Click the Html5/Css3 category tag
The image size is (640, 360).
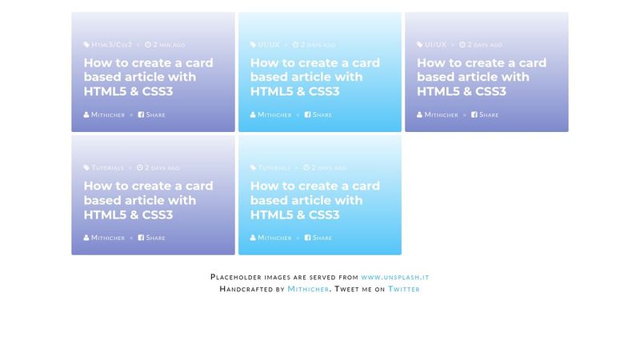[111, 45]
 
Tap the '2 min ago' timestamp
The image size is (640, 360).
[168, 45]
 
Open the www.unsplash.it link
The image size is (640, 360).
[395, 277]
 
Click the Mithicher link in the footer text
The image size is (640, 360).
[308, 289]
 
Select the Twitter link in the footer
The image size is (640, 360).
[403, 289]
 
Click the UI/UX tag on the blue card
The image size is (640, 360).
[269, 45]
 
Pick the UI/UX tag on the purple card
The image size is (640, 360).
[435, 45]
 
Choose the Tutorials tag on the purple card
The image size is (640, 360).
[107, 168]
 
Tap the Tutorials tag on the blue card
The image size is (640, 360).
[274, 168]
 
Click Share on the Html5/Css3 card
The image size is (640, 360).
[155, 114]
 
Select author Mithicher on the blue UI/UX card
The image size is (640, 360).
[274, 114]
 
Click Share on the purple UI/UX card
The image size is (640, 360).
[488, 114]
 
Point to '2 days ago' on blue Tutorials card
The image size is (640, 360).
[329, 168]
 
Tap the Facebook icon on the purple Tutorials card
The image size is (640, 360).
[142, 238]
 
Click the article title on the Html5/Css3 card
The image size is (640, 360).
[148, 77]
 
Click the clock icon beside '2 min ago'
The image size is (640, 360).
[148, 45]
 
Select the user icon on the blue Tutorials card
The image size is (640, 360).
[254, 238]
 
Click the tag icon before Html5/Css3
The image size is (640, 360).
[87, 45]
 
